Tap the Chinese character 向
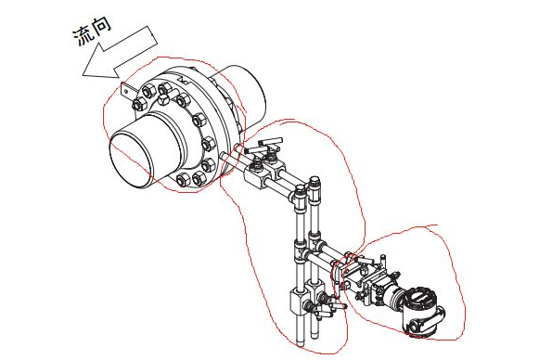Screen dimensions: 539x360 (x=100, y=25)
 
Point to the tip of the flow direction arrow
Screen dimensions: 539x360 (x=83, y=74)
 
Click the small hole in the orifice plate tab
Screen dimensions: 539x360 (x=126, y=91)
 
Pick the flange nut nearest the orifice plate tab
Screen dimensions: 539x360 (x=139, y=103)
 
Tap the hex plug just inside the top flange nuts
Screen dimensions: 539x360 (x=164, y=100)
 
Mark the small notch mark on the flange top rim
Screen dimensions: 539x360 (x=183, y=81)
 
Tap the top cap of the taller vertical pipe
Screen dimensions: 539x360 (x=314, y=181)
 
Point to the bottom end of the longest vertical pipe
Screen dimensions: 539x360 (x=301, y=344)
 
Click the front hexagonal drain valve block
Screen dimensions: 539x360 (x=299, y=302)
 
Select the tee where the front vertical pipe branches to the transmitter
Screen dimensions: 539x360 (x=300, y=250)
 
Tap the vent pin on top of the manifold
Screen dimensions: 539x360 (x=382, y=260)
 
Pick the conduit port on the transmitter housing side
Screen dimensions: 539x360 (x=441, y=313)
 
